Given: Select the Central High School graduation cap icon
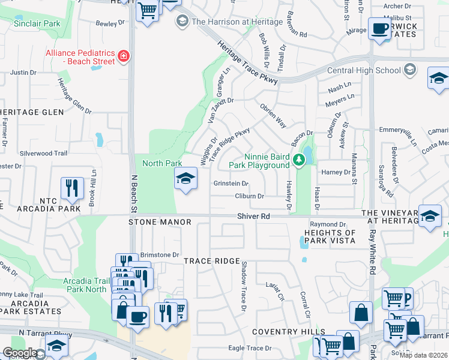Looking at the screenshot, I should pyautogui.click(x=411, y=70).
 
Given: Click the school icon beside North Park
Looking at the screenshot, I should pyautogui.click(x=185, y=178).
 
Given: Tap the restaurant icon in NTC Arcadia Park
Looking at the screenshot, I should pyautogui.click(x=71, y=188).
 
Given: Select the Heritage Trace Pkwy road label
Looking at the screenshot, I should pyautogui.click(x=243, y=59).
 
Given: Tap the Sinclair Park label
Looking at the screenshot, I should pyautogui.click(x=37, y=23).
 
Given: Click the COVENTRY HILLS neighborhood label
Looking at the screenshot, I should pyautogui.click(x=288, y=332).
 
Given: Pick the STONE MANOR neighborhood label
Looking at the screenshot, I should pyautogui.click(x=160, y=222).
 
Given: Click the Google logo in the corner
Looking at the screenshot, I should pyautogui.click(x=20, y=353).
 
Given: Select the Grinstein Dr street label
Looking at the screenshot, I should pyautogui.click(x=231, y=184).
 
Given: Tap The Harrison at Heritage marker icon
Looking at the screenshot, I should pyautogui.click(x=182, y=22).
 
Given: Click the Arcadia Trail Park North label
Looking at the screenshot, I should pyautogui.click(x=87, y=284).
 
